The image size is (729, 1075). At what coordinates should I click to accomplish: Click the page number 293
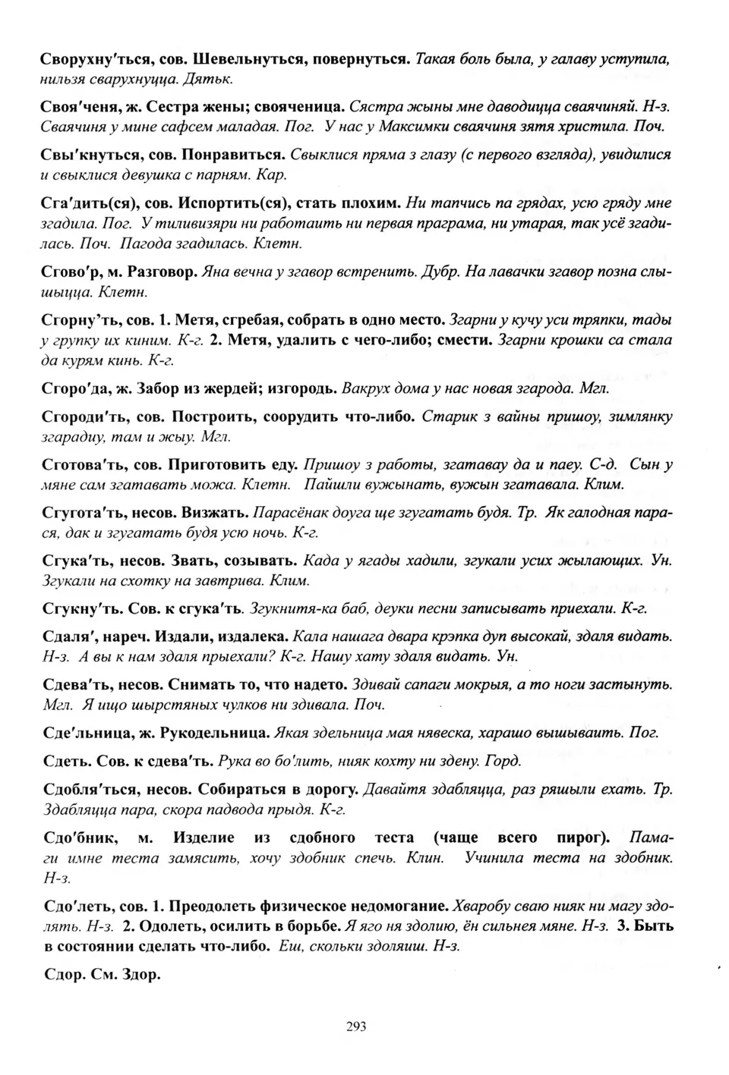click(356, 1026)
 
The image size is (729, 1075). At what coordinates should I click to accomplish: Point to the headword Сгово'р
click(71, 272)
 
